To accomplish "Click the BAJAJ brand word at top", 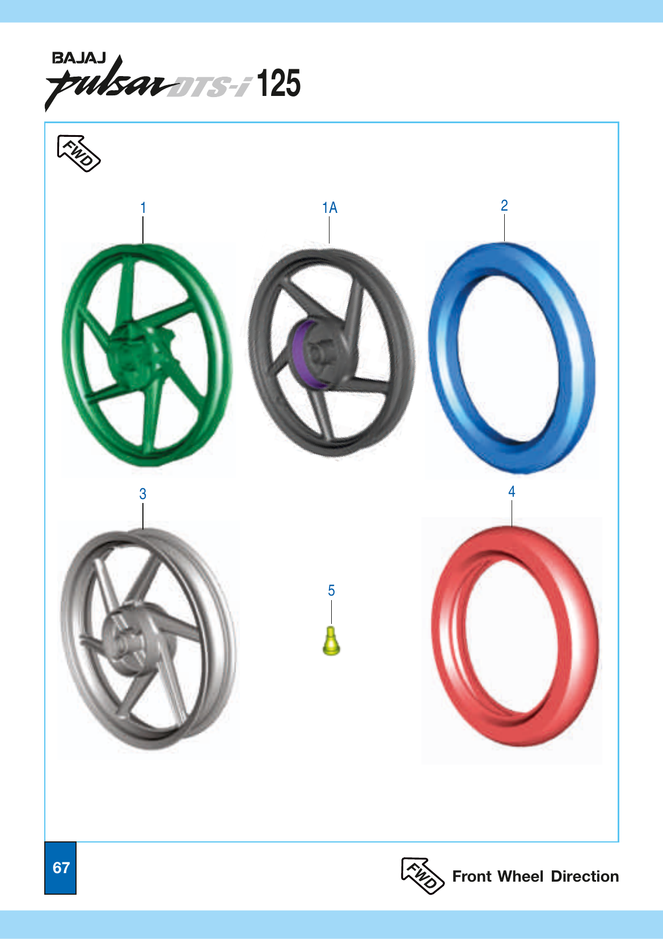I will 78,58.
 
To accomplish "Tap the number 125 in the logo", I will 278,84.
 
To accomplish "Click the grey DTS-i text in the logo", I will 210,87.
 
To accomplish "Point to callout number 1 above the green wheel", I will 143,208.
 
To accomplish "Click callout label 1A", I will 330,208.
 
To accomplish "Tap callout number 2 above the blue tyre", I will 504,206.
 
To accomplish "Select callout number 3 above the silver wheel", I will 143,494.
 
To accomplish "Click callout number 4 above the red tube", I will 512,492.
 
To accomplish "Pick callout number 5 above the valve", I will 331,591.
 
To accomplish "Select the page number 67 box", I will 61,867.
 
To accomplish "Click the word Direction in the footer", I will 584,877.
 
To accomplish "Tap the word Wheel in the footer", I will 521,877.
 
